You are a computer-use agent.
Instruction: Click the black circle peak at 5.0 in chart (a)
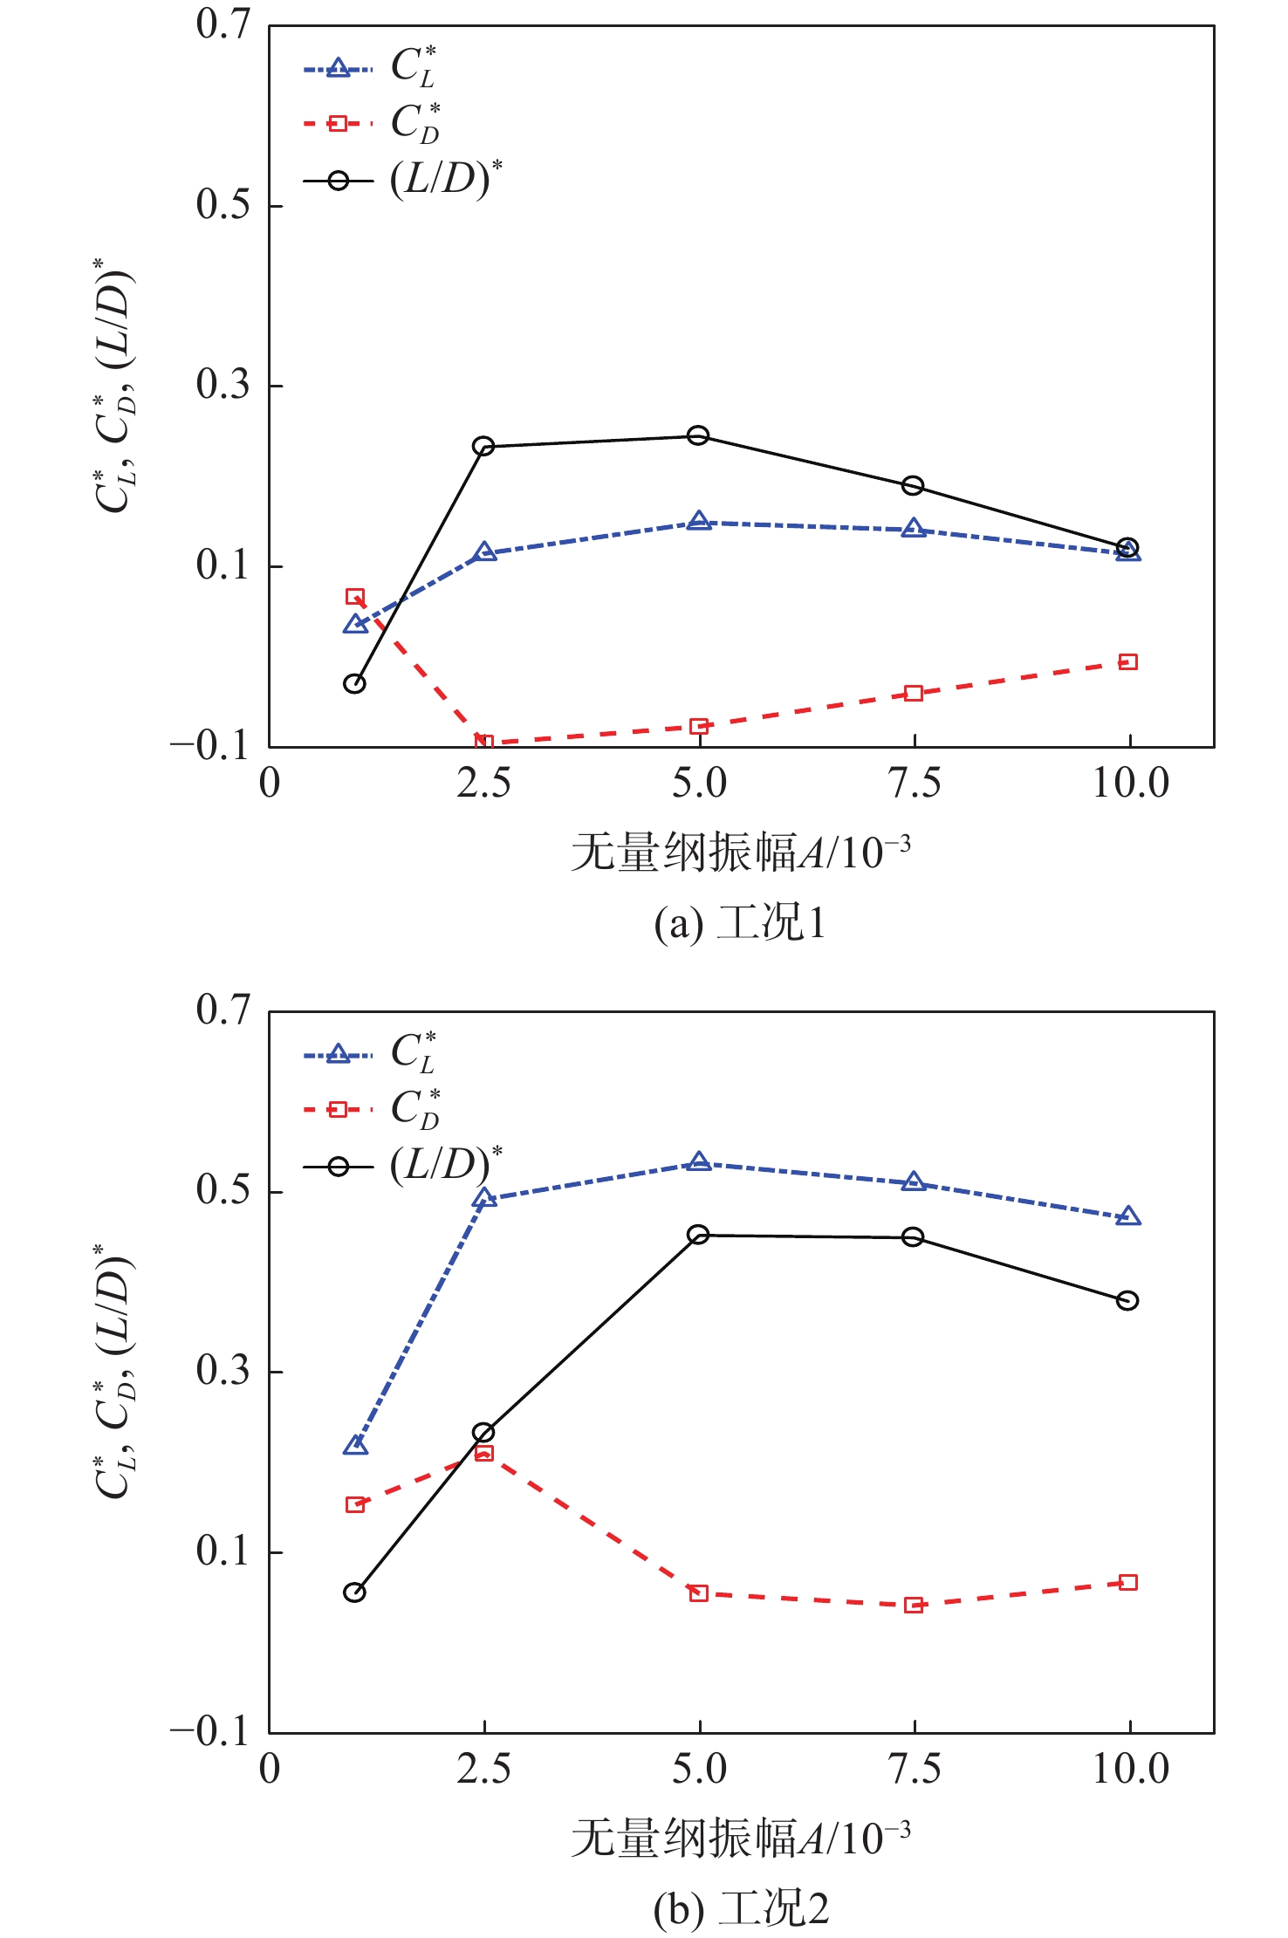click(698, 435)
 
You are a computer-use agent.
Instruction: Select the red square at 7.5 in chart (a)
click(914, 694)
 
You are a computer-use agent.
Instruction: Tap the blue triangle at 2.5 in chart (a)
click(485, 552)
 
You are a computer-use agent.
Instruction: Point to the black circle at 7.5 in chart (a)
click(913, 485)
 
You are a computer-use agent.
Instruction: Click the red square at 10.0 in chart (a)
click(1128, 662)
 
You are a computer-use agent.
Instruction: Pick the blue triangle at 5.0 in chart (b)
click(698, 1162)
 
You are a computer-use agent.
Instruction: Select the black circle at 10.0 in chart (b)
click(1127, 1301)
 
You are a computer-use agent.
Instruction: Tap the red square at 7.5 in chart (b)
click(914, 1606)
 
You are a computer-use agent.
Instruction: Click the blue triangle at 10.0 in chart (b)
click(1128, 1216)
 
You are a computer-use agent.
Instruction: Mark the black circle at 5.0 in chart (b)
click(698, 1235)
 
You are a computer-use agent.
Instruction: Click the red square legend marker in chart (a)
click(338, 124)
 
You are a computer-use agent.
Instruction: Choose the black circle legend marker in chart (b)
click(338, 1167)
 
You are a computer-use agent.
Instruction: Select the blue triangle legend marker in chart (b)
click(338, 1055)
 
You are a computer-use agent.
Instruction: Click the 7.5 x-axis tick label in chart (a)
click(915, 784)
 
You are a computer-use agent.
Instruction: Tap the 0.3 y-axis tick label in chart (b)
click(223, 1371)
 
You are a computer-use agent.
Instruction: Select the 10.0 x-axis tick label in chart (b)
click(1131, 1770)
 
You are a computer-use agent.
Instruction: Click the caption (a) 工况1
click(740, 923)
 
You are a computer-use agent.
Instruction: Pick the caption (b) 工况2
click(741, 1909)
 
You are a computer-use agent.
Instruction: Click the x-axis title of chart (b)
click(741, 1839)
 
